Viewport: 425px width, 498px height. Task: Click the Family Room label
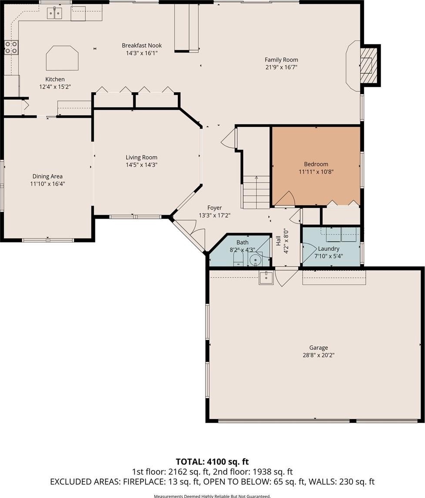click(x=282, y=60)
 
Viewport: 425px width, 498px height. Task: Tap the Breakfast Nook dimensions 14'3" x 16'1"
click(x=142, y=53)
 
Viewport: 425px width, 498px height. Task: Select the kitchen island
click(x=62, y=58)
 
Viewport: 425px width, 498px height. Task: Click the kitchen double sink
click(x=54, y=13)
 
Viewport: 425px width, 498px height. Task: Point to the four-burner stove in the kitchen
click(x=11, y=47)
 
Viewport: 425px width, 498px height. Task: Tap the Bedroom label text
click(x=316, y=164)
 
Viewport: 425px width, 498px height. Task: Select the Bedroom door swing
click(x=285, y=199)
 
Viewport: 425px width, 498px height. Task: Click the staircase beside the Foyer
click(x=256, y=193)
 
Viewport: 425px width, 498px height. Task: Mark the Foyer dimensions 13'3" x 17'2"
click(x=214, y=215)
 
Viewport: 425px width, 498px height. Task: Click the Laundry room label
click(x=328, y=249)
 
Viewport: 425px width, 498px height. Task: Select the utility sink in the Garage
click(x=266, y=278)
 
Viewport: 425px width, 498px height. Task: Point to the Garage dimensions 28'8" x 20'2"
click(x=319, y=355)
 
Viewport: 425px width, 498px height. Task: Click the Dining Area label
click(x=48, y=176)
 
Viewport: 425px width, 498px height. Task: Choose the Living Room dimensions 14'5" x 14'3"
click(x=141, y=165)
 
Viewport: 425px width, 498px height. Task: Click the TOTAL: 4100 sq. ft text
click(x=212, y=461)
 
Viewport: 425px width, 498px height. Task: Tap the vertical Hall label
click(x=278, y=241)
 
